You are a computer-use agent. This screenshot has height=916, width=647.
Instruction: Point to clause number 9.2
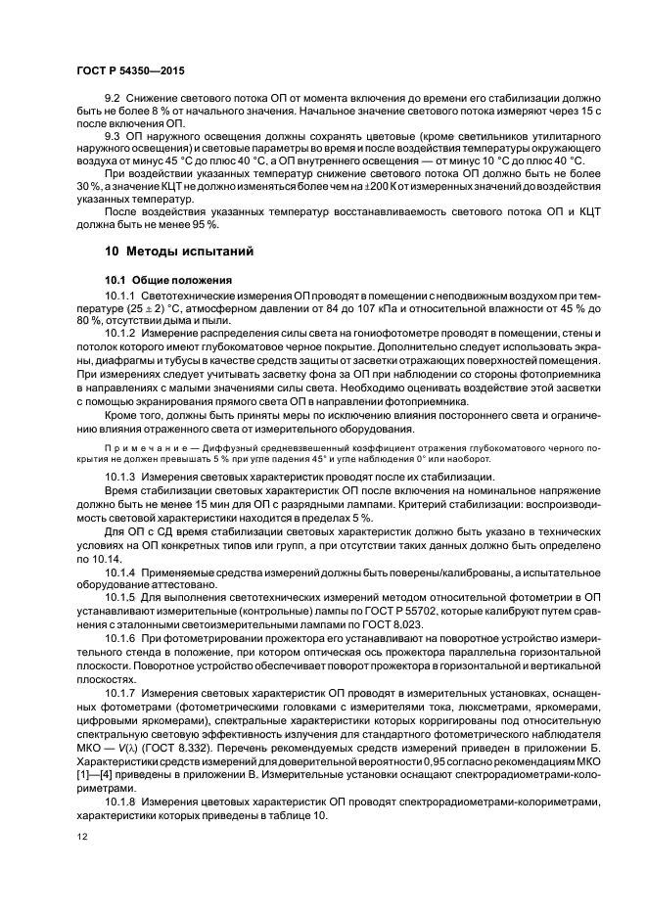pos(114,100)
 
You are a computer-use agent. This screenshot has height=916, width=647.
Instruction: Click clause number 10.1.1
pos(120,295)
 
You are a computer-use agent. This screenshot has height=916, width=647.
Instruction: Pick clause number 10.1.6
pos(120,636)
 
